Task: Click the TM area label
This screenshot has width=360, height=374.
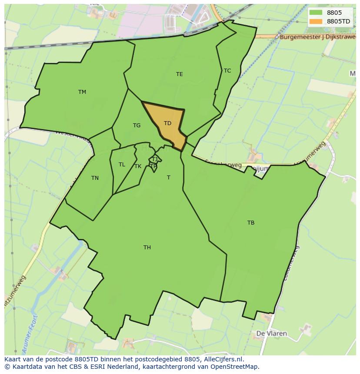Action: [x=82, y=92]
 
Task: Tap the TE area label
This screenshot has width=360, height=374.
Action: [x=179, y=74]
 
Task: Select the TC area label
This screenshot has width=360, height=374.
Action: [x=227, y=70]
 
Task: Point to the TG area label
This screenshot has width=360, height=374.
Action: [x=137, y=126]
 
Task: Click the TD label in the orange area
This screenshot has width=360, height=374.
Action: [x=167, y=123]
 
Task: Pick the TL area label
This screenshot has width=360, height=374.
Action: [x=122, y=165]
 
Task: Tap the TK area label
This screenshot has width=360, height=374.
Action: [x=138, y=166]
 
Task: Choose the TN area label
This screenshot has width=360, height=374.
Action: [x=95, y=178]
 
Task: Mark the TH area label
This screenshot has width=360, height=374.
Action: [x=147, y=248]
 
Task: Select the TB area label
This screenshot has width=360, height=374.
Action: [x=250, y=223]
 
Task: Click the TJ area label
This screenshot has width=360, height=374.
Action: [x=154, y=159]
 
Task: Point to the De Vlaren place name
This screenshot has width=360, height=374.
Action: [x=271, y=334]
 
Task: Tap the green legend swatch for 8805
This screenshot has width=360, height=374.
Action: [x=316, y=13]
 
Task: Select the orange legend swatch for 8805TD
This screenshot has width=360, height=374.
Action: [x=316, y=21]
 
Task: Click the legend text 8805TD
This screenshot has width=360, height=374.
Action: [x=338, y=21]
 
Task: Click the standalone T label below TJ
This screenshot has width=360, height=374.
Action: [x=168, y=178]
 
